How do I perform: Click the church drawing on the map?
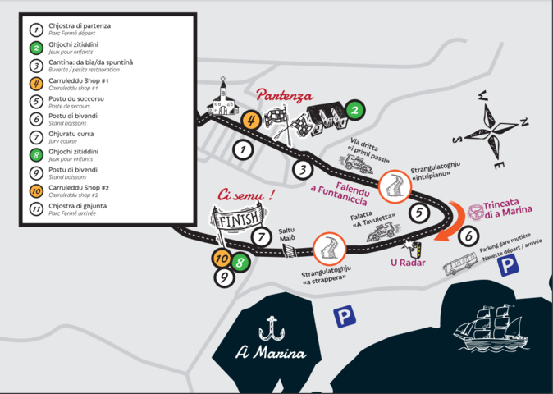click(222, 100)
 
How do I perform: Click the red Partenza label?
click(285, 95)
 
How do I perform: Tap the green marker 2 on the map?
click(354, 109)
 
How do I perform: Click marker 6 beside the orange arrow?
click(468, 236)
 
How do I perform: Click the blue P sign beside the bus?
click(509, 264)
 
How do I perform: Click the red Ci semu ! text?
click(245, 195)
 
